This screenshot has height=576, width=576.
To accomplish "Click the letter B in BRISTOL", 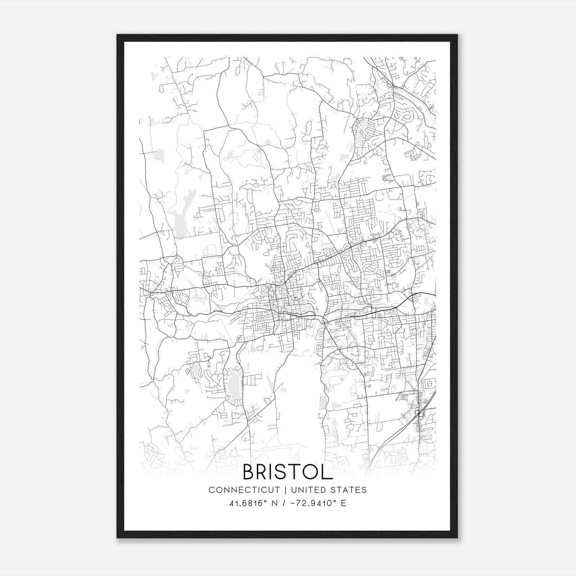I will [x=250, y=472].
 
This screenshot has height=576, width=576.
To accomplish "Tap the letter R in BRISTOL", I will [x=265, y=472].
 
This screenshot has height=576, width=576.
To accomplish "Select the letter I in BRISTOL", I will [x=276, y=472].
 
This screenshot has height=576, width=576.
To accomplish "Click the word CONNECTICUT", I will [x=244, y=490].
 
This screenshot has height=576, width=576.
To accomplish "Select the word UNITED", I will [x=306, y=490].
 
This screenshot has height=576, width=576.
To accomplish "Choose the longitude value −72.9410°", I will [x=311, y=503].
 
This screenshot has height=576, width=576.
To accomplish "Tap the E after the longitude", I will [x=343, y=503].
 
